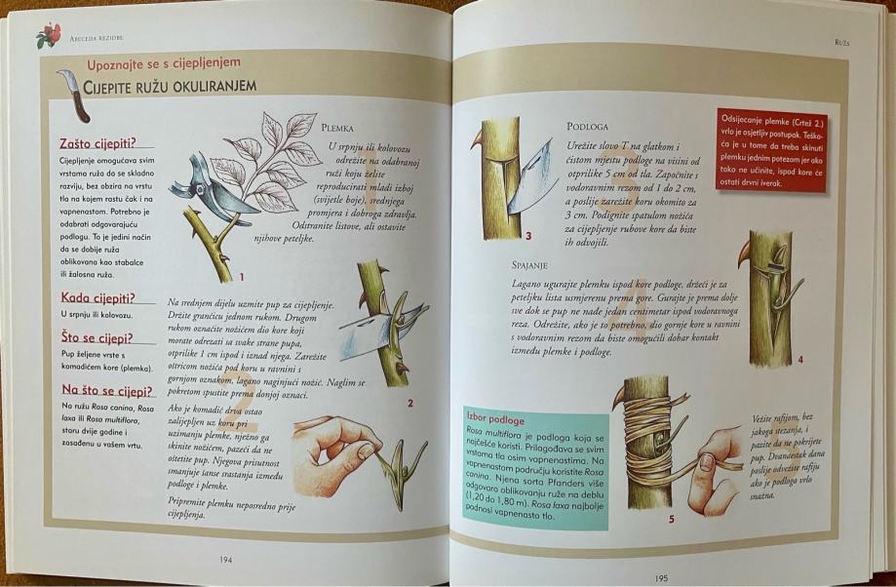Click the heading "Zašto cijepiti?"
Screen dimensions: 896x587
coord(98,143)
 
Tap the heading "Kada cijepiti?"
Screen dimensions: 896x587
coord(98,297)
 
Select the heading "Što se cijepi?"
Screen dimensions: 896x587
coord(97,337)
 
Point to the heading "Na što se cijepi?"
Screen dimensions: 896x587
coord(107,391)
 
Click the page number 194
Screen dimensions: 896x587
coord(226,560)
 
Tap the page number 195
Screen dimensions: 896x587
coord(661,578)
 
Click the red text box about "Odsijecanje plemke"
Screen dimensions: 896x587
coord(771,150)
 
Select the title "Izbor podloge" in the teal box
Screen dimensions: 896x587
coord(495,420)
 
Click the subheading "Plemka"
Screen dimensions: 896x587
coord(337,128)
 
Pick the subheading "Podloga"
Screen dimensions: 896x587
coord(588,127)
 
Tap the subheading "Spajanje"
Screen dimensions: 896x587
coord(529,265)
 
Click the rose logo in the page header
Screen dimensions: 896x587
coord(49,35)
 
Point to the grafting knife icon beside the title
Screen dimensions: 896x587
coord(74,96)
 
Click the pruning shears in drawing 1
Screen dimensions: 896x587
coord(213,188)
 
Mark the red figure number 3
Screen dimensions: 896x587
coord(528,236)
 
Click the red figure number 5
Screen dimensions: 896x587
coord(672,520)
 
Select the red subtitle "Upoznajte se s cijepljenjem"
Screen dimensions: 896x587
coord(164,63)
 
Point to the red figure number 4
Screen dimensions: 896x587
coord(800,360)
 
